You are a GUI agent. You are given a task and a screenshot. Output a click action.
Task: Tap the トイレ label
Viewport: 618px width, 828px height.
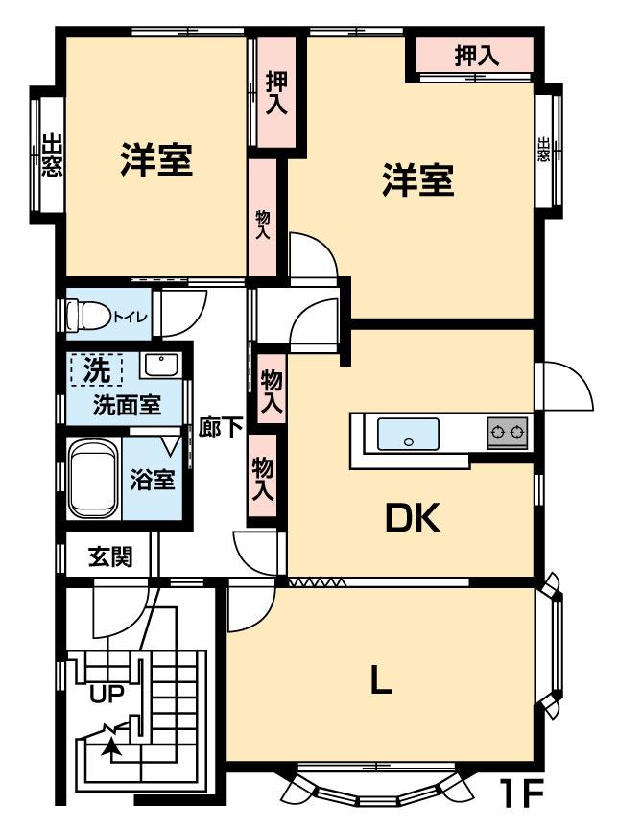pyautogui.click(x=130, y=318)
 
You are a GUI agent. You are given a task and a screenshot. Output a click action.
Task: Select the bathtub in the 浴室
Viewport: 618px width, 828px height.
pyautogui.click(x=93, y=480)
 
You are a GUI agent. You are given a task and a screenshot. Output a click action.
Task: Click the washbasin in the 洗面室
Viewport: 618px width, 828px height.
pyautogui.click(x=161, y=365)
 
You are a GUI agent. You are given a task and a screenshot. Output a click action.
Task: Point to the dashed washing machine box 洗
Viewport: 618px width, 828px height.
pyautogui.click(x=97, y=369)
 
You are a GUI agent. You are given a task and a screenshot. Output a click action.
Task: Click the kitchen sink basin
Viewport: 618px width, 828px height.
pyautogui.click(x=408, y=434)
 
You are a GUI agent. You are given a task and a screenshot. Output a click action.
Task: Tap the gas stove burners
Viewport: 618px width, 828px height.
pyautogui.click(x=508, y=433)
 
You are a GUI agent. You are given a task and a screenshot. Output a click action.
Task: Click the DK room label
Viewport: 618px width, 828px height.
pyautogui.click(x=413, y=518)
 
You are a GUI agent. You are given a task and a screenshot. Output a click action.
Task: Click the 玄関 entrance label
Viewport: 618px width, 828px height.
pyautogui.click(x=110, y=556)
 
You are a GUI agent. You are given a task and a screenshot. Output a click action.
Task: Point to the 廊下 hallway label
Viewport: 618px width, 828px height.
pyautogui.click(x=221, y=427)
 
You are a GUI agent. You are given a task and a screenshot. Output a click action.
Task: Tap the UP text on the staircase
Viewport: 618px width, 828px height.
pyautogui.click(x=107, y=695)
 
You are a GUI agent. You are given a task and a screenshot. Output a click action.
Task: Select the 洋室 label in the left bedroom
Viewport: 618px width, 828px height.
pyautogui.click(x=156, y=159)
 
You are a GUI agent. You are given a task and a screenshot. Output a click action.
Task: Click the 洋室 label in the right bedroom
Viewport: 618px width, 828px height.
pyautogui.click(x=417, y=180)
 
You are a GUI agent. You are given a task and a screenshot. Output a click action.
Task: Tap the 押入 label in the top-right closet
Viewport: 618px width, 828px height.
pyautogui.click(x=477, y=55)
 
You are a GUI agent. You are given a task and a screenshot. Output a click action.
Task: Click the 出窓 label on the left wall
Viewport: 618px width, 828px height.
pyautogui.click(x=52, y=154)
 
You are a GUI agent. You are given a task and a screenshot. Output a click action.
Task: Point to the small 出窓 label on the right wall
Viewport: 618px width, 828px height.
pyautogui.click(x=543, y=150)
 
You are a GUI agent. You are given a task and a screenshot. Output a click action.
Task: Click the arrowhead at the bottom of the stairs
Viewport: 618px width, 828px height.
pyautogui.click(x=111, y=745)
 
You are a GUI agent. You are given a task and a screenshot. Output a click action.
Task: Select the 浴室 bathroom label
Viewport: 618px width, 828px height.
pyautogui.click(x=153, y=480)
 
